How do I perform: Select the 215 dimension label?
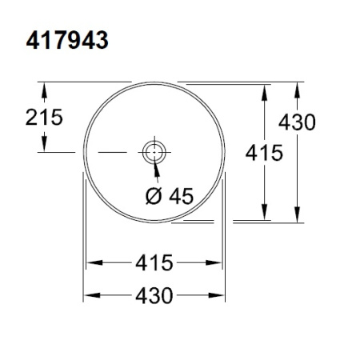pos(41,118)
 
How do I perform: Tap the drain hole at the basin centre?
pos(152,150)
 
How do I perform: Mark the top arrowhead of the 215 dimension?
pos(45,87)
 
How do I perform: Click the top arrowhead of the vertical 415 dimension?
pos(265,89)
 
